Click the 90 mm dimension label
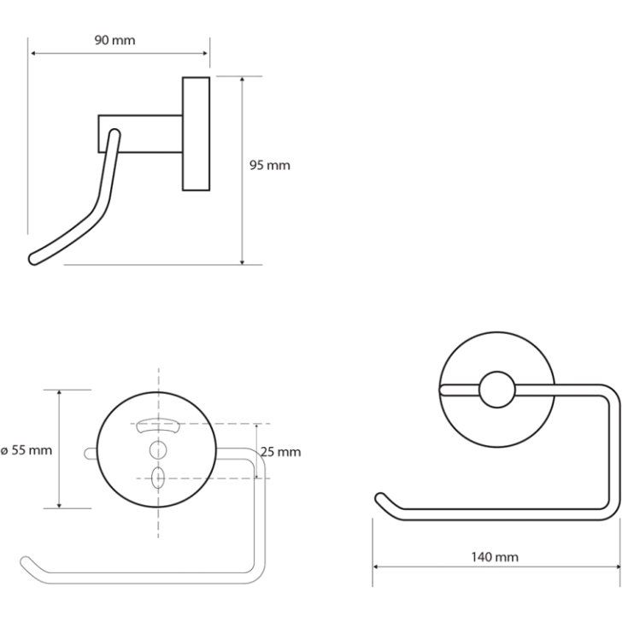[114, 40]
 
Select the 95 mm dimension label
[270, 165]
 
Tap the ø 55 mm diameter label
[26, 450]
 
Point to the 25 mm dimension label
[281, 452]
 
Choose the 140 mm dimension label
[495, 557]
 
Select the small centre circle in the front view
[497, 390]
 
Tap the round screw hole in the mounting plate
[158, 449]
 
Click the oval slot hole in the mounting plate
[158, 478]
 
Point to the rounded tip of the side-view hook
[33, 260]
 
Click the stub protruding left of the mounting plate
[91, 454]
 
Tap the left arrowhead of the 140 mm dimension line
[375, 566]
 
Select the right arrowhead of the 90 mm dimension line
[205, 53]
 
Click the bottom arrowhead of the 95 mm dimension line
[243, 261]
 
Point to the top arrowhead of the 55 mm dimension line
[59, 393]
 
